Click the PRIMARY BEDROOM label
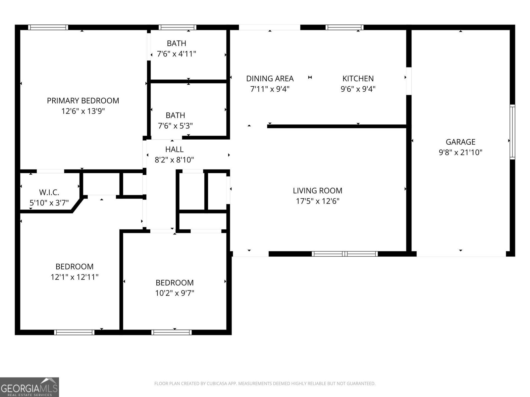coord(83,101)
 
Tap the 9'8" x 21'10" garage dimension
coord(460,153)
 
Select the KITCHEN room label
coord(358,78)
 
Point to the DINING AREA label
coord(270,78)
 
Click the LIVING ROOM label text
coord(317,191)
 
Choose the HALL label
coord(174,149)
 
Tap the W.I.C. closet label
coord(49,192)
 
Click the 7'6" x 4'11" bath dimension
coord(176,54)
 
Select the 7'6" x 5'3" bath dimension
coord(175,126)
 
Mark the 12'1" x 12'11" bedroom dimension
coord(75,277)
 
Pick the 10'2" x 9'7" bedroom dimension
coord(175,293)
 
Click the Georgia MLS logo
coord(29,387)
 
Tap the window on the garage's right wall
coord(512,132)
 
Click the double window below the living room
coord(344,254)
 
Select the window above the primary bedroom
coord(48,27)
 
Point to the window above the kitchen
coord(344,27)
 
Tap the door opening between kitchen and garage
coord(409,81)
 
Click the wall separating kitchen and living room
coord(336,126)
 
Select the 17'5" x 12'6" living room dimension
coord(317,201)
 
